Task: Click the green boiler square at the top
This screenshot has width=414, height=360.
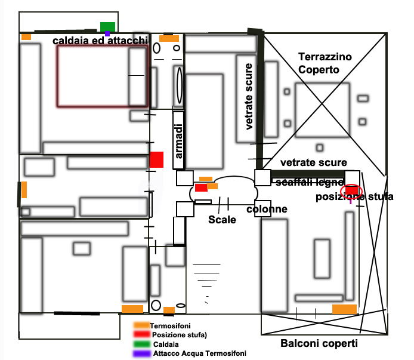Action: pyautogui.click(x=107, y=26)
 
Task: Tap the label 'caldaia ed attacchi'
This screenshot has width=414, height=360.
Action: pyautogui.click(x=100, y=41)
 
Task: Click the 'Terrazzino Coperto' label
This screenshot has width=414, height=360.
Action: pyautogui.click(x=325, y=63)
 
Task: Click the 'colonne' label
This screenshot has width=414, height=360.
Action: pyautogui.click(x=267, y=210)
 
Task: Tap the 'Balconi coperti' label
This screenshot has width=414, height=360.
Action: pyautogui.click(x=319, y=344)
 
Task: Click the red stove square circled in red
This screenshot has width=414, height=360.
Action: pyautogui.click(x=351, y=190)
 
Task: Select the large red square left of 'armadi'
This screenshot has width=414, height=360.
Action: pyautogui.click(x=156, y=159)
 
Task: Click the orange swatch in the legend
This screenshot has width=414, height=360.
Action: pyautogui.click(x=141, y=326)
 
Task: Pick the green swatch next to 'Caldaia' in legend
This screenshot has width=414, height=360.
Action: pyautogui.click(x=141, y=344)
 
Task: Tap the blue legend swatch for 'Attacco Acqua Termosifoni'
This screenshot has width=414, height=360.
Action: pyautogui.click(x=141, y=353)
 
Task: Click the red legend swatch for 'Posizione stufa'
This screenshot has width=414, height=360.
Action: pyautogui.click(x=141, y=335)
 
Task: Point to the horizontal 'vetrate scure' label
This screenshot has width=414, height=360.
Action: pyautogui.click(x=314, y=163)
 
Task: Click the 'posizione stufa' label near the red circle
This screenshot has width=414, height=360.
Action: pyautogui.click(x=354, y=197)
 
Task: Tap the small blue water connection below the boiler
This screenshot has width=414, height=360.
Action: pyautogui.click(x=107, y=33)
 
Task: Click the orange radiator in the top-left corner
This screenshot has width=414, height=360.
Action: pyautogui.click(x=26, y=37)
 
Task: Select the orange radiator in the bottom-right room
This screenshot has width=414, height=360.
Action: pyautogui.click(x=344, y=309)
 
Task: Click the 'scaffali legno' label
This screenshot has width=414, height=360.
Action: pyautogui.click(x=308, y=182)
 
